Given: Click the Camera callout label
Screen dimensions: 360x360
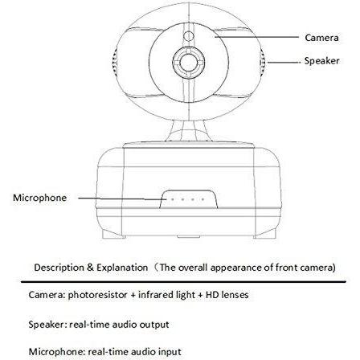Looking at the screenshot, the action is tap(321, 38).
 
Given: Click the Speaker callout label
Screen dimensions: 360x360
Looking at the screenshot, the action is tap(321, 61).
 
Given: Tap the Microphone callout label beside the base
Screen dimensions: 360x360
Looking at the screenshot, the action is tap(39, 198).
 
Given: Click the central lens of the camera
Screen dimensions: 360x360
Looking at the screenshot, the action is tap(188, 63).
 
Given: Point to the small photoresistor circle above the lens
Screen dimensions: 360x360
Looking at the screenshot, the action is tap(189, 36).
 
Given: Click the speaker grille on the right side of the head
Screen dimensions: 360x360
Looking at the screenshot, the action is tap(262, 63).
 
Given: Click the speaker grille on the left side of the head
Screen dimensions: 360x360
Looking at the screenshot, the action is tap(114, 63).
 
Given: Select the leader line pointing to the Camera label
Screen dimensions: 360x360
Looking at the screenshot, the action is tap(256, 37).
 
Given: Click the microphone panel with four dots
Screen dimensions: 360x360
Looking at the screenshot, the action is tap(188, 199).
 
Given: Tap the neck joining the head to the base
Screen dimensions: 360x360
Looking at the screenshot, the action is tap(188, 131).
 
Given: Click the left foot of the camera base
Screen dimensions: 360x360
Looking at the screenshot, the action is tap(113, 234).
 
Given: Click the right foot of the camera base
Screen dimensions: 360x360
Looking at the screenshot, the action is tap(264, 234).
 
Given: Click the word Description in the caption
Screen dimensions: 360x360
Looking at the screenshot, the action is tap(59, 268).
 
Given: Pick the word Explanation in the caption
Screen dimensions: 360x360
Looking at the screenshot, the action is tap(122, 268).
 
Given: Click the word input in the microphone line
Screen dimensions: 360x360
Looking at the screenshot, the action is tap(170, 352).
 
